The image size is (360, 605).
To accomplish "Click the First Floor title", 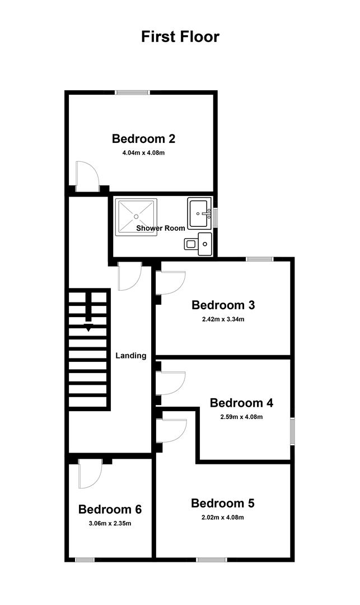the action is pos(180,36).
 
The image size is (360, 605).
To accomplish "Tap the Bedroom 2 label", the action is pos(143,138).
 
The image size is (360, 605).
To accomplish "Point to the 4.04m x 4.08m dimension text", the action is pos(143,152).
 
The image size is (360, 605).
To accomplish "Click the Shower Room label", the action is pos(160,228).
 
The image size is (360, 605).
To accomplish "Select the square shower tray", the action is pos(137,217).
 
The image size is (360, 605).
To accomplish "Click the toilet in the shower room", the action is pos(198,244).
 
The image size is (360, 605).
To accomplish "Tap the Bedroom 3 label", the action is pos(223,305).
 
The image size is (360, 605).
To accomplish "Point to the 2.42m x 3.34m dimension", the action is pos(223,319).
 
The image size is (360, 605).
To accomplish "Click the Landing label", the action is pos(131,356).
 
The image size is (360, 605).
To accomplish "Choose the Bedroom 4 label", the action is pos(242,403).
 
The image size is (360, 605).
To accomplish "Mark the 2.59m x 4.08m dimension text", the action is pos(242,417).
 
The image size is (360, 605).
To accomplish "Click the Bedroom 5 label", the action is pos(223,503).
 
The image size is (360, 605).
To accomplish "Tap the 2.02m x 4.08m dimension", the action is pos(223,518).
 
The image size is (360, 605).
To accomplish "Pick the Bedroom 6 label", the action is pos(110,509).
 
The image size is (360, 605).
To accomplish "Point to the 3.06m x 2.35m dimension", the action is pos(110,524).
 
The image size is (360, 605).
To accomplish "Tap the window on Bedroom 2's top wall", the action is pos(133,92).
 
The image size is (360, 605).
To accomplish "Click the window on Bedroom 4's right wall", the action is pos(293,431).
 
